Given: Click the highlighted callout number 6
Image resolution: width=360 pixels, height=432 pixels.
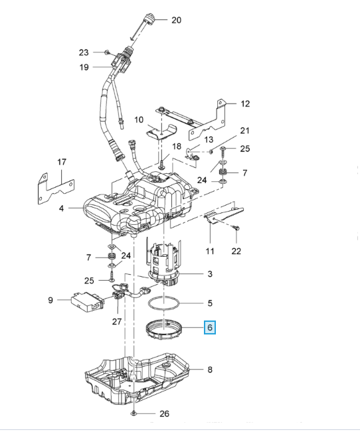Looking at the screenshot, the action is tap(210, 327).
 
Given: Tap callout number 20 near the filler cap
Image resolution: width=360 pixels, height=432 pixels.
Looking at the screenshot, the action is tap(176, 20).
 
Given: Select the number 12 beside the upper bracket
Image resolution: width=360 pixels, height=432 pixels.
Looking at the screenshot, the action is tap(245, 104).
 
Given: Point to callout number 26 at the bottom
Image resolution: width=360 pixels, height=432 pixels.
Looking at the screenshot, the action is tap(164, 413).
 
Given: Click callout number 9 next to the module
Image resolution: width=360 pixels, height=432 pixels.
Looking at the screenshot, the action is tap(50, 300).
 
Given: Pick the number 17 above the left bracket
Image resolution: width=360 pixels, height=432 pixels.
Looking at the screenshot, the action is tap(62, 162).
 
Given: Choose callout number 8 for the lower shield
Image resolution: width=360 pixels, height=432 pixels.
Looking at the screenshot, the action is tap(210, 370).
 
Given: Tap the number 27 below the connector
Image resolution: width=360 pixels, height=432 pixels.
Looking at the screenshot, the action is tap(117, 321).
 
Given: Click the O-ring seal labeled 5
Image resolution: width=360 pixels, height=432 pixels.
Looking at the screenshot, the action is tap(163, 304).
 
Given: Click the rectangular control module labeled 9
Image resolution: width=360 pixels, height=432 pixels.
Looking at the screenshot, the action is tap(88, 302).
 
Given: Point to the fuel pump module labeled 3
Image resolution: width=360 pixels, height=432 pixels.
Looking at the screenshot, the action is tap(165, 261).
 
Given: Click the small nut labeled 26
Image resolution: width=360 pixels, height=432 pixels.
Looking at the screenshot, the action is tap(134, 413).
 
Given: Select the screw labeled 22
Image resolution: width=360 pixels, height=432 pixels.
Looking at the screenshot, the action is tap(236, 228).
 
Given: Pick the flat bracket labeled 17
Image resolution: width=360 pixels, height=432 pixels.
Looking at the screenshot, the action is tap(56, 189).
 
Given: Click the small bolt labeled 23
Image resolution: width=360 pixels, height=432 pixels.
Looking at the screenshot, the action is tap(107, 52).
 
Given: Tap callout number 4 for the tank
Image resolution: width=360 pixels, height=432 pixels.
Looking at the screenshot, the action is tap(61, 208).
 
